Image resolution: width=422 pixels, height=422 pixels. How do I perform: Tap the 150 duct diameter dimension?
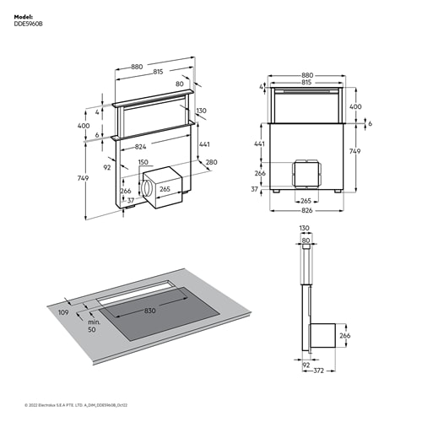click(143, 162)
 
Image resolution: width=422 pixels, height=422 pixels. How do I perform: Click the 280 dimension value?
click(211, 162)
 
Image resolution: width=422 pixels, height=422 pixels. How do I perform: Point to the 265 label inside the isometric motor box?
click(165, 189)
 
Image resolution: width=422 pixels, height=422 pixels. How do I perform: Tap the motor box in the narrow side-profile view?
click(325, 336)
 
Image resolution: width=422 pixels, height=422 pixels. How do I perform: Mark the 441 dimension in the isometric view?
click(204, 144)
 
